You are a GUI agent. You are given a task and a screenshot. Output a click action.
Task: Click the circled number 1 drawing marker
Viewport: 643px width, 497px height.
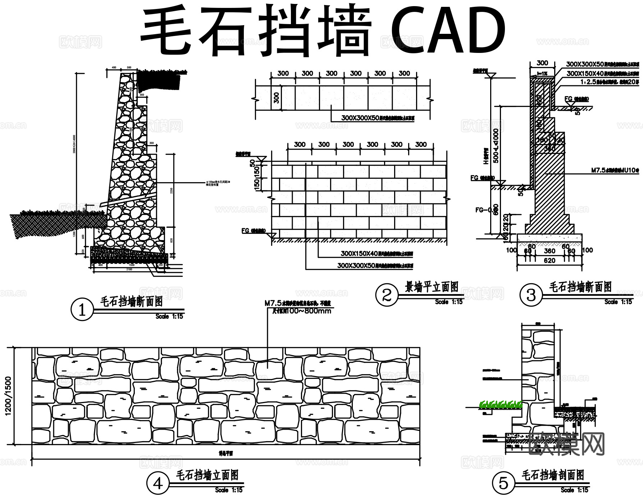click(82, 310)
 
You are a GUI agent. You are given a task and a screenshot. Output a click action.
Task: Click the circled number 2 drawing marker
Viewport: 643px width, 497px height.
click(387, 295)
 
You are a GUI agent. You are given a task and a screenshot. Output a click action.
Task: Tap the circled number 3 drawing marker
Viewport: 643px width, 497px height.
click(531, 295)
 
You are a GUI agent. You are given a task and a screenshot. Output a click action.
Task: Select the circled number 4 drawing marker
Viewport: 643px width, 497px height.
click(158, 484)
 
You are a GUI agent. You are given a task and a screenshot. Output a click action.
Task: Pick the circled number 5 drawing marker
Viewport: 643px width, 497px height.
click(503, 483)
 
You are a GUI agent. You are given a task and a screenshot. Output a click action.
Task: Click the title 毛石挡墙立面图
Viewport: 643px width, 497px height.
click(207, 475)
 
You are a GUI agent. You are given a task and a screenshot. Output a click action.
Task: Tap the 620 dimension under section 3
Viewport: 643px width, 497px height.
click(549, 260)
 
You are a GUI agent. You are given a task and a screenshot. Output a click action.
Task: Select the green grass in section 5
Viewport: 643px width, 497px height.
click(500, 405)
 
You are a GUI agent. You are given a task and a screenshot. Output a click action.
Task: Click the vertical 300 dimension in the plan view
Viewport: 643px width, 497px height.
click(276, 98)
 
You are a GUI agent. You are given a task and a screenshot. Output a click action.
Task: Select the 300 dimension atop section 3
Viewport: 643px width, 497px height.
click(542, 63)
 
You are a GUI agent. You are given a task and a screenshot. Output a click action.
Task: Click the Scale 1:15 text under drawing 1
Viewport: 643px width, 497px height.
click(169, 316)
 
